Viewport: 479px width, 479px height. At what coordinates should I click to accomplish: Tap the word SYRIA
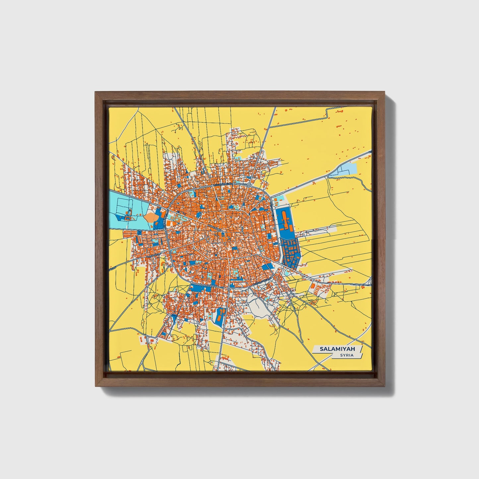click(346, 355)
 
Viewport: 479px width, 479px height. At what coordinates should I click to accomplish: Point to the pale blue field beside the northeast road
click(348, 169)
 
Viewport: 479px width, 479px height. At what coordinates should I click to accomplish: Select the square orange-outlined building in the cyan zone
click(127, 218)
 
